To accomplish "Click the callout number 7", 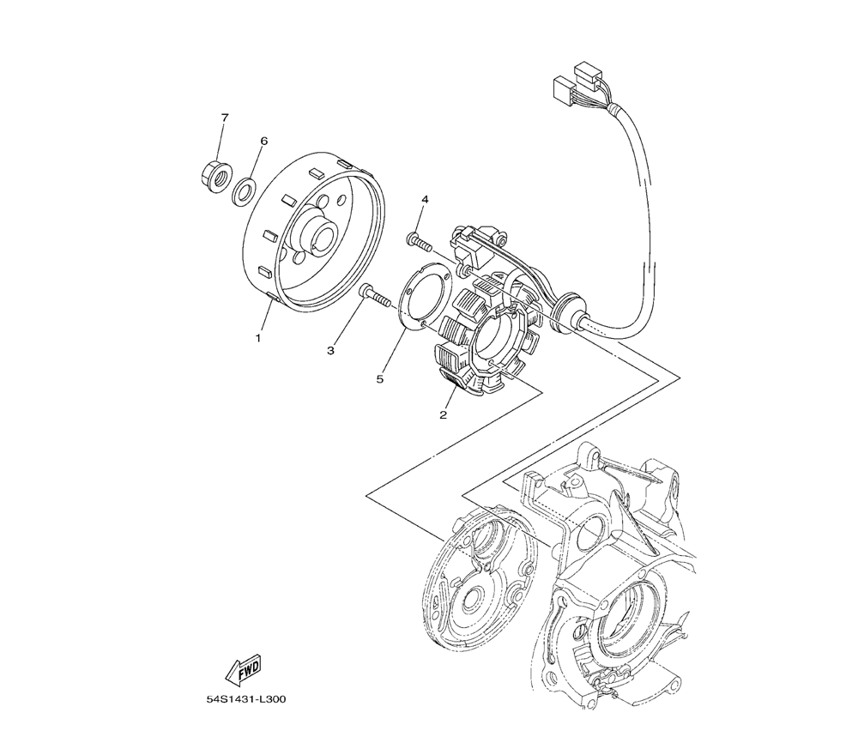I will (x=225, y=117).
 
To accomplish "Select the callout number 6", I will (x=263, y=141).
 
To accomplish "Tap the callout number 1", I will (x=257, y=338).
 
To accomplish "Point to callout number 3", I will (x=331, y=350).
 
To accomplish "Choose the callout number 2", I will (x=444, y=415).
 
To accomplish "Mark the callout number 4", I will (x=424, y=200).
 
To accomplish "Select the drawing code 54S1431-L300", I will (x=245, y=699).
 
